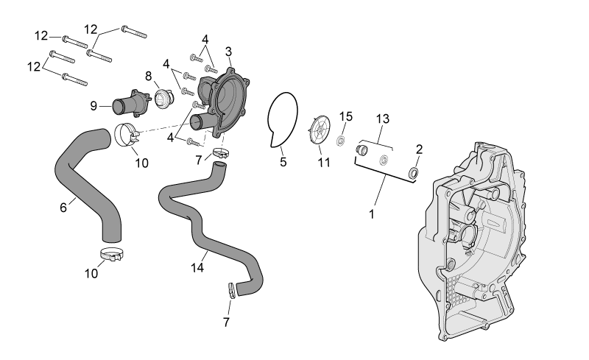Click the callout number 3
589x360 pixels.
point(229,52)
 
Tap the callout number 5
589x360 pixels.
point(283,162)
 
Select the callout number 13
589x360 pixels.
point(383,119)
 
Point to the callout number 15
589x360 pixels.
point(346,116)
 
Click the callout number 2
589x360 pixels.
point(419,149)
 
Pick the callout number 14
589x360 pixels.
point(197,267)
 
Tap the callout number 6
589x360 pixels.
point(63,207)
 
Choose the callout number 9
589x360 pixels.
point(94,106)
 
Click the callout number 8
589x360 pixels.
point(149,76)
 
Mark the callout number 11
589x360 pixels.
point(324,163)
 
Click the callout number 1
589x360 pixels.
point(372,214)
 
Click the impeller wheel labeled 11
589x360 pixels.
point(320,130)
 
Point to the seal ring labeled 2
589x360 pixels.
point(414,173)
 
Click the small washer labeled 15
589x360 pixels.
point(341,141)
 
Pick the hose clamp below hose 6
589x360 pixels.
point(112,255)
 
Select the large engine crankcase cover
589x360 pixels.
point(472,241)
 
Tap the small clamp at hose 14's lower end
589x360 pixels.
point(232,290)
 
